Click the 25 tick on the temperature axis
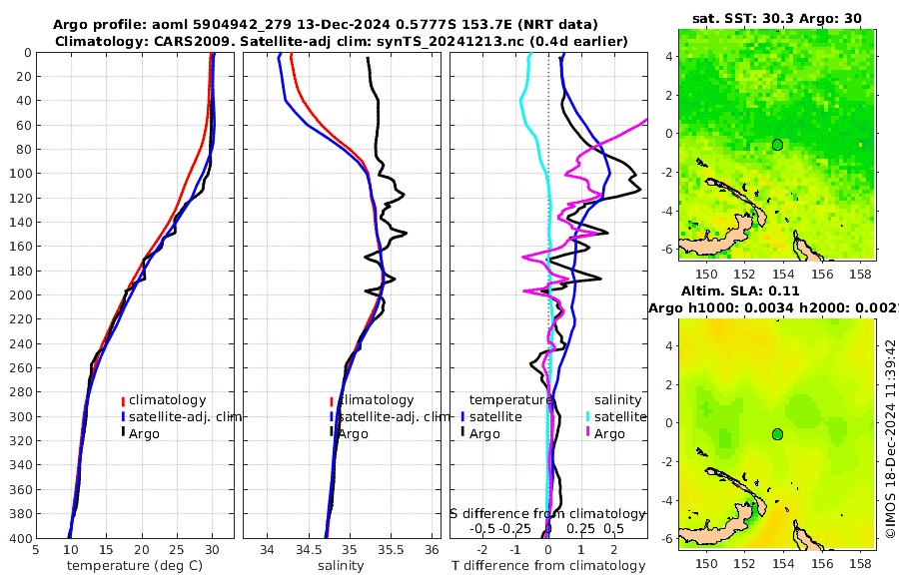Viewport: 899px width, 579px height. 177,549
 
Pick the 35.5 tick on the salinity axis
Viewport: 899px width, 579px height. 391,549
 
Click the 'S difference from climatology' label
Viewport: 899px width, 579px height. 547,512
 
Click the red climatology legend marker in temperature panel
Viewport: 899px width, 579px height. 124,401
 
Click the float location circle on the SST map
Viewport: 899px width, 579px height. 777,145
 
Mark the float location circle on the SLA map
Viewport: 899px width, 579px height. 777,434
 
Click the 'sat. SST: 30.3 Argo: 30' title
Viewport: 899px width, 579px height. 776,18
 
